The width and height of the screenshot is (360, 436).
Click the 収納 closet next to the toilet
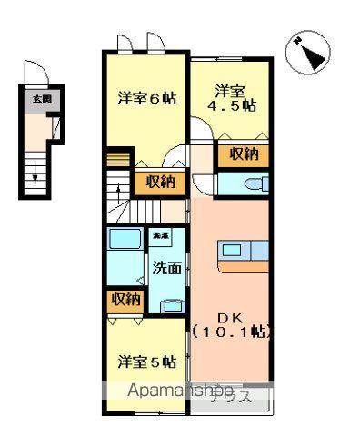pyautogui.click(x=244, y=154)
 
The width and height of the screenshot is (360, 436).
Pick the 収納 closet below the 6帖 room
pyautogui.click(x=160, y=182)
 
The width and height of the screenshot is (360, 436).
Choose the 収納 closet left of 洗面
pyautogui.click(x=125, y=299)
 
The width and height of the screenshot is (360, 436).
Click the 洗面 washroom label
pyautogui.click(x=166, y=268)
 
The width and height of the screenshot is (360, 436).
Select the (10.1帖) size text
pyautogui.click(x=232, y=333)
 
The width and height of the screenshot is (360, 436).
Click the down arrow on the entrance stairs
pyautogui.click(x=35, y=173)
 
